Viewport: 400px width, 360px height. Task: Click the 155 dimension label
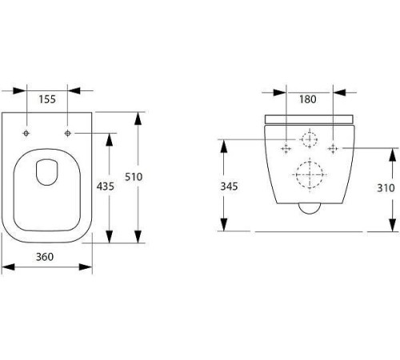point(47,99)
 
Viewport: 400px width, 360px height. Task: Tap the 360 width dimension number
point(45,257)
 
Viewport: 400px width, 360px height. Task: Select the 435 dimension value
point(106,186)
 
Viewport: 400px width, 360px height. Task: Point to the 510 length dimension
point(134,177)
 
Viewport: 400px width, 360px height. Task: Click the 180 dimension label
point(308,99)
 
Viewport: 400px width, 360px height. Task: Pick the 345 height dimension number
point(229,186)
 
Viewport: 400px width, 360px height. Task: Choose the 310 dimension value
point(386,188)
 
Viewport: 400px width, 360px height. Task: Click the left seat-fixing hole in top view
point(26,133)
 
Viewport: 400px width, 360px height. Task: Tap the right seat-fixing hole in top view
point(68,133)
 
